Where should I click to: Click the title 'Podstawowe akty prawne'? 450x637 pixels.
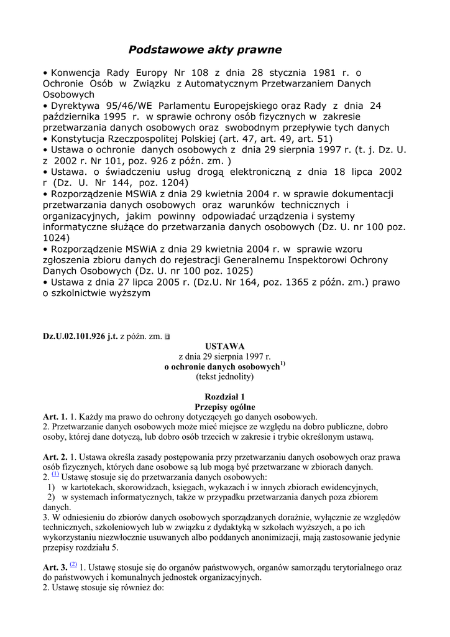205,49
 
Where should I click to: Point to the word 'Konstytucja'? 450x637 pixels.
79,139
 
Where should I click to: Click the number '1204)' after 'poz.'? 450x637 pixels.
172,183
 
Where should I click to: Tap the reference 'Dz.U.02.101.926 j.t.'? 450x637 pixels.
80,337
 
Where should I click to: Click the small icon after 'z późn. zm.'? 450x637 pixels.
167,337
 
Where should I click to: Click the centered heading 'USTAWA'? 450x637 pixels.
224,346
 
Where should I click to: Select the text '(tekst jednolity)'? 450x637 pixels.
224,377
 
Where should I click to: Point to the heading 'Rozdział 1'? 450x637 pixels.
224,397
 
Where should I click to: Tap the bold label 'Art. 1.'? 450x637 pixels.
55,417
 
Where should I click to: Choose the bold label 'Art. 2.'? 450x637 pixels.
55,457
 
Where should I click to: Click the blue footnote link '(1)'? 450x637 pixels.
55,474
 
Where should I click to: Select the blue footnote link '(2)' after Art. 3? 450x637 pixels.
74,564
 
